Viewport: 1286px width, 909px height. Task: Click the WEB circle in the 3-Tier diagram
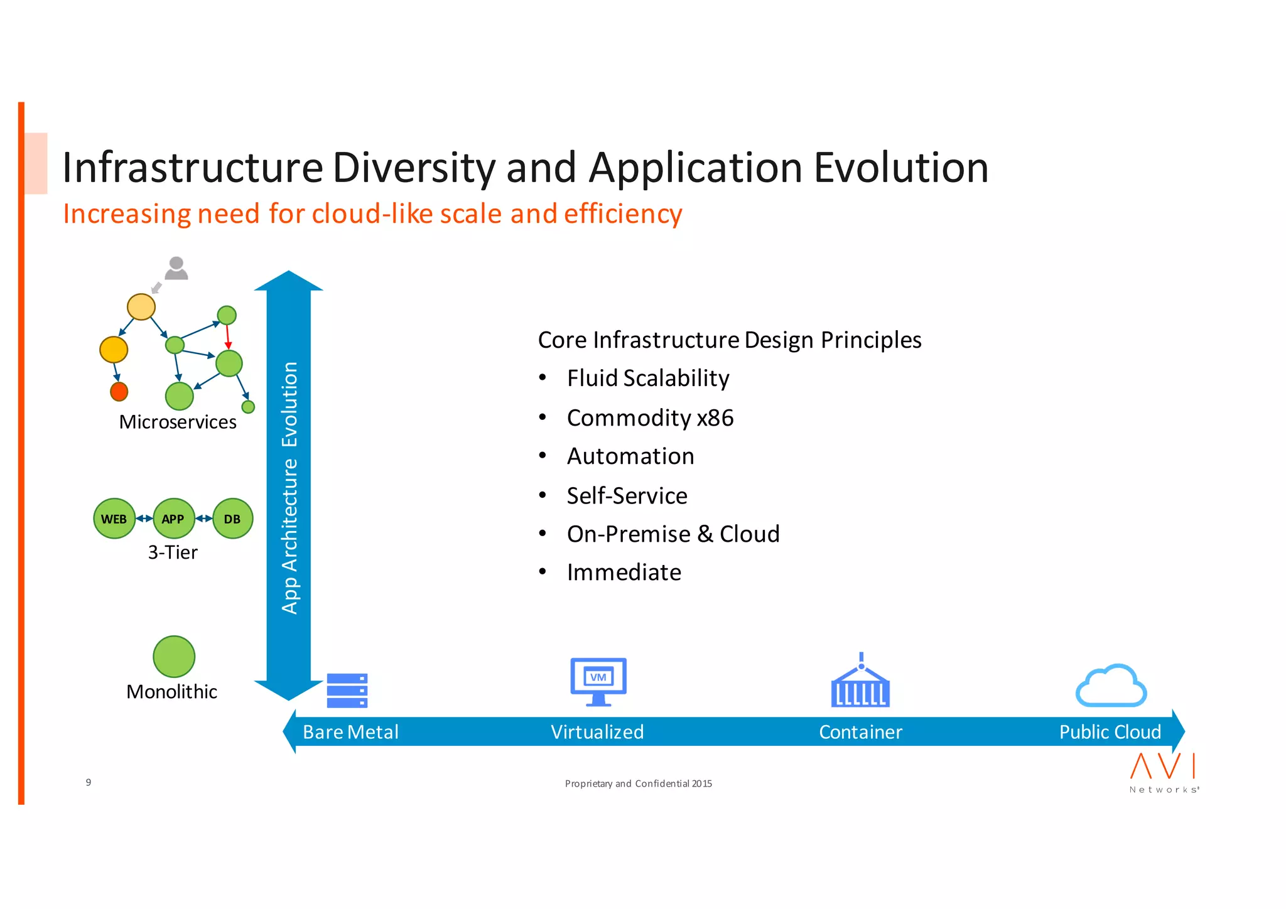click(114, 519)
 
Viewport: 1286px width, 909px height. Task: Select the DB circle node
click(232, 519)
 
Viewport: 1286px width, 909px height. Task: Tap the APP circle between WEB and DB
click(173, 519)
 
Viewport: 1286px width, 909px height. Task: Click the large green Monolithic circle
click(174, 657)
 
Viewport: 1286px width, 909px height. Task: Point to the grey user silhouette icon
click(176, 268)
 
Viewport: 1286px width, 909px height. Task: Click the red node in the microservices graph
click(119, 392)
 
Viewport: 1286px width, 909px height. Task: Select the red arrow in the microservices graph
click(227, 336)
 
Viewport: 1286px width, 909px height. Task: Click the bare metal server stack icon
click(347, 691)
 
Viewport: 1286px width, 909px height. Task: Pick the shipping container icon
click(860, 684)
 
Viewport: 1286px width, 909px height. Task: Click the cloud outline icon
click(1111, 686)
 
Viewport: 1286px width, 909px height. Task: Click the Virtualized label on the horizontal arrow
click(597, 732)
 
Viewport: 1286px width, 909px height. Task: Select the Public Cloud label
click(1110, 732)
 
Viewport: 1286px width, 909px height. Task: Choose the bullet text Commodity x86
click(650, 418)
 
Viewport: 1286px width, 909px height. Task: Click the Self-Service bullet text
click(627, 496)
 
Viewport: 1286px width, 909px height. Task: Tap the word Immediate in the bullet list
click(624, 573)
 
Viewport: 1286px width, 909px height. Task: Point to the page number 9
click(89, 782)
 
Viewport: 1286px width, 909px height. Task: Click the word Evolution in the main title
click(900, 168)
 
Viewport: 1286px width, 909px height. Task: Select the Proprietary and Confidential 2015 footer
click(638, 783)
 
